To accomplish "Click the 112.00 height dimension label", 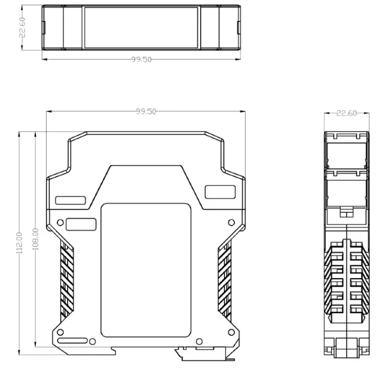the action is click(x=19, y=243).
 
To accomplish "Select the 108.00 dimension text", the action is click(x=35, y=239).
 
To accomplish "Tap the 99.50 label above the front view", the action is click(x=146, y=111).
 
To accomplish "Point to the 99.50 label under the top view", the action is click(x=141, y=59).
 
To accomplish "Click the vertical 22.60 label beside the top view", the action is click(x=22, y=28).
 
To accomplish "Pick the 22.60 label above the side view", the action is click(x=346, y=113).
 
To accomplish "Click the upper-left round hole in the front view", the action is click(x=60, y=222).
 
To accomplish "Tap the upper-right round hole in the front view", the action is click(x=231, y=222).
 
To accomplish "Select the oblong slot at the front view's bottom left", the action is click(x=73, y=341).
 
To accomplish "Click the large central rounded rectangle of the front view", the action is click(x=146, y=270).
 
